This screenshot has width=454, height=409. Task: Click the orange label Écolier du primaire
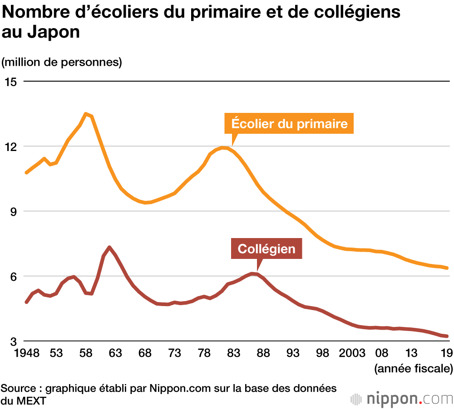tap(289, 123)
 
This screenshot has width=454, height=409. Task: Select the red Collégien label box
tap(266, 248)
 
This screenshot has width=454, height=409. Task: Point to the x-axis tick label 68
tap(145, 353)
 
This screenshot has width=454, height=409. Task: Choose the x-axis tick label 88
tap(263, 353)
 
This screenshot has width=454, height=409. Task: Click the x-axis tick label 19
tap(446, 353)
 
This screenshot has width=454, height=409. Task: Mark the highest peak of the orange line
tap(86, 114)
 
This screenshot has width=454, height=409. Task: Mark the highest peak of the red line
tap(109, 247)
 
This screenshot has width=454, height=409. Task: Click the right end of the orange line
tap(447, 268)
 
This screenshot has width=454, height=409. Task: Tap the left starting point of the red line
tap(26, 302)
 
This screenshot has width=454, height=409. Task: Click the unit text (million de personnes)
tap(62, 62)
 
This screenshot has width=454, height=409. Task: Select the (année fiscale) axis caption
tap(413, 368)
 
